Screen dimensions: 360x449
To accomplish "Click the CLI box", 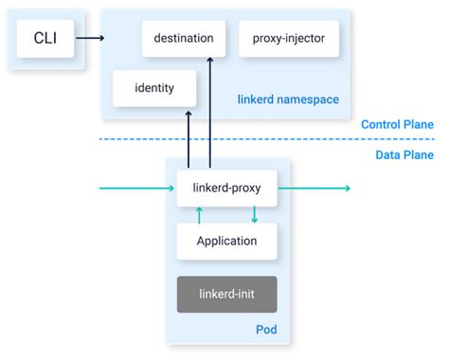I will [45, 39].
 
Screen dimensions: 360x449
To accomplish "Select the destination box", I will [190, 39].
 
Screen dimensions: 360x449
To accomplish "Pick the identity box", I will [155, 88].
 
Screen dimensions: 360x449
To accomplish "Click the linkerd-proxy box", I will [226, 189].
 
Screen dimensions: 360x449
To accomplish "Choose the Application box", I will [226, 241].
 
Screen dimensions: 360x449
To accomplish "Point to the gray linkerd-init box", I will [226, 294].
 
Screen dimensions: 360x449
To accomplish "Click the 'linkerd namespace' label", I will [289, 99].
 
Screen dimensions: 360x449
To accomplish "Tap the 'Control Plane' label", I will [397, 124].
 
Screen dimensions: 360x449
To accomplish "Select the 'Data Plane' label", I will [404, 155].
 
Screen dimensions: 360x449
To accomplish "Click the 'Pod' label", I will [265, 331].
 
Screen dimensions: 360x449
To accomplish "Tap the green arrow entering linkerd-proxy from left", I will [137, 189].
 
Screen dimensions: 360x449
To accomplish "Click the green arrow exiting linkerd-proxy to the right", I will [313, 189].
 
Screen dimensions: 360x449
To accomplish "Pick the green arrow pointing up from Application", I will [199, 215].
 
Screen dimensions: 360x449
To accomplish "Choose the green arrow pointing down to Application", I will [254, 215].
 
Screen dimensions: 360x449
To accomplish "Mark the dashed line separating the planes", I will [227, 140].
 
